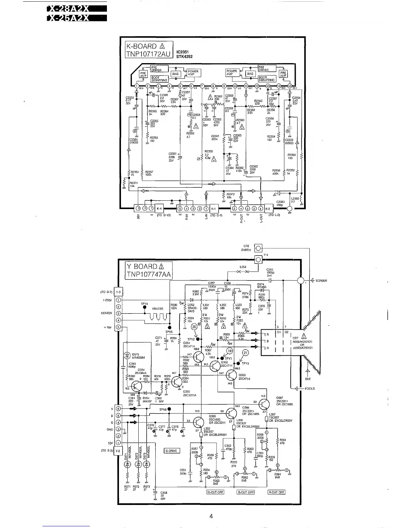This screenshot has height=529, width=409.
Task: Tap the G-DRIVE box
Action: [172, 451]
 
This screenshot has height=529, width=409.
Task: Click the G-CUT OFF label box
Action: [215, 492]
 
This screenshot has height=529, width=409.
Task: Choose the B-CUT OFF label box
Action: [246, 492]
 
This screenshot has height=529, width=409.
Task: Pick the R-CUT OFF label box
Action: [276, 492]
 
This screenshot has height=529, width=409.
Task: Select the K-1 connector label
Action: [214, 209]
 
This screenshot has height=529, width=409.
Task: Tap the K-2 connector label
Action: [268, 209]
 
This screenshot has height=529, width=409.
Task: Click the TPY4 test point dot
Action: [144, 307]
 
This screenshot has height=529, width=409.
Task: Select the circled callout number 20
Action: [194, 327]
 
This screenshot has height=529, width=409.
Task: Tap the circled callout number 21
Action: [245, 353]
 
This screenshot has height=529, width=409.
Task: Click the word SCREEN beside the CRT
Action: [321, 280]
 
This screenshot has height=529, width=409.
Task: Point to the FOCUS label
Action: [310, 388]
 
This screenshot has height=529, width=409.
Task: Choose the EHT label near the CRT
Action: [308, 379]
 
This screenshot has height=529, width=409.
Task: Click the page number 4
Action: [211, 516]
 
